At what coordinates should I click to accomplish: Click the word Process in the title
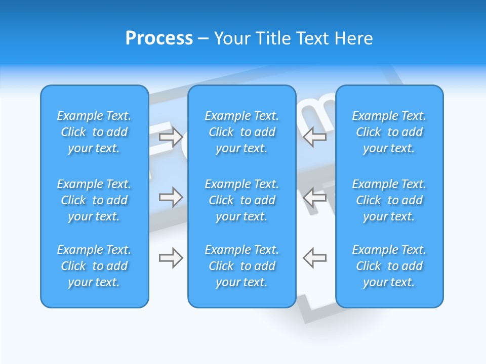pyautogui.click(x=159, y=38)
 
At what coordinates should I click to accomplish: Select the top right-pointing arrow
pyautogui.click(x=171, y=136)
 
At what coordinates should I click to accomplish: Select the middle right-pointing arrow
pyautogui.click(x=171, y=197)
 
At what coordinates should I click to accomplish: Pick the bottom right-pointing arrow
pyautogui.click(x=171, y=258)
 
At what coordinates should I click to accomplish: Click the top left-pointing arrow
pyautogui.click(x=314, y=136)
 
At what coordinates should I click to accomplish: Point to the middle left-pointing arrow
pyautogui.click(x=314, y=197)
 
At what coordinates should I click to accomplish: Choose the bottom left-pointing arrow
pyautogui.click(x=314, y=258)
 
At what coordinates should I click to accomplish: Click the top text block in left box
pyautogui.click(x=94, y=132)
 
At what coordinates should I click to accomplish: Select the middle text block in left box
pyautogui.click(x=94, y=200)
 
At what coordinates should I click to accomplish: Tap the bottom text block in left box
pyautogui.click(x=94, y=266)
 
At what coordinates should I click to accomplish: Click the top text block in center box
pyautogui.click(x=241, y=132)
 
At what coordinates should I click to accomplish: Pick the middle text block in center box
pyautogui.click(x=241, y=200)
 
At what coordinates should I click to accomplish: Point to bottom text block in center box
pyautogui.click(x=241, y=266)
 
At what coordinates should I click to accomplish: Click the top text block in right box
pyautogui.click(x=389, y=132)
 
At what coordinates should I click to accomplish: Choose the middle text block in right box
pyautogui.click(x=389, y=200)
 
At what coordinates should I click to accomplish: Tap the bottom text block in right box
pyautogui.click(x=389, y=266)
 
